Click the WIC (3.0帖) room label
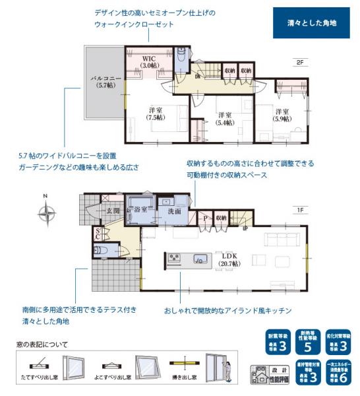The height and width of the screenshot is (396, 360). [x=150, y=61]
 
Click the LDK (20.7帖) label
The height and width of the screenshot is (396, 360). [x=229, y=259]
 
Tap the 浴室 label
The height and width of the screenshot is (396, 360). [x=140, y=210]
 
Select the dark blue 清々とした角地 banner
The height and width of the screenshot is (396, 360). [x=311, y=22]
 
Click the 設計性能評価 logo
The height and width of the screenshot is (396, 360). [x=267, y=374]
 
